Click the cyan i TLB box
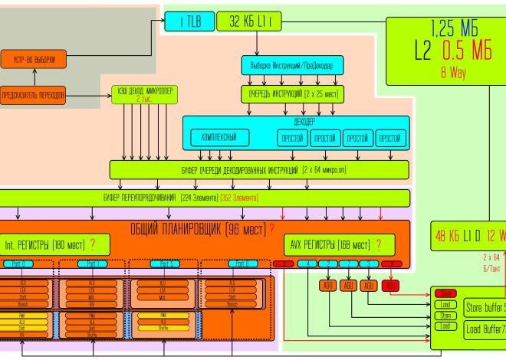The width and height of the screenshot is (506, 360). (x=190, y=21)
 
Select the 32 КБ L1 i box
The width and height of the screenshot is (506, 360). (x=255, y=21)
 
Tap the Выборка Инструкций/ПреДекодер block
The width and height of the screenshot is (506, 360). (x=292, y=65)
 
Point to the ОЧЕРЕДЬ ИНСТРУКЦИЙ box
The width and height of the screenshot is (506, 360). (x=292, y=94)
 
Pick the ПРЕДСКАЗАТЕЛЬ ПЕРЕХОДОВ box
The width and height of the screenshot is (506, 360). (x=34, y=96)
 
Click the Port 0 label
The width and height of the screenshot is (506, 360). (x=18, y=263)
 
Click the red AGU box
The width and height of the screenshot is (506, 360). (x=391, y=285)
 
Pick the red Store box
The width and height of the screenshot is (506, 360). (x=444, y=293)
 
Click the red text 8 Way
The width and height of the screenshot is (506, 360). (x=453, y=74)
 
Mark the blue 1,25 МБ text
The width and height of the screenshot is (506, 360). (x=454, y=29)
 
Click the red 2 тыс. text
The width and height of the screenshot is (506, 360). (x=143, y=99)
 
